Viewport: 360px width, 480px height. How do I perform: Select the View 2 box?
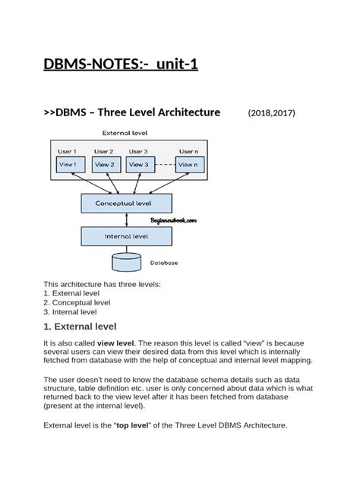click(x=106, y=164)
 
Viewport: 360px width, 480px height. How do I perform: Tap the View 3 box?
click(x=140, y=164)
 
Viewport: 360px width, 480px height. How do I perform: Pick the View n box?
click(x=189, y=164)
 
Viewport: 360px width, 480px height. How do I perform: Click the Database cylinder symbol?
click(x=126, y=263)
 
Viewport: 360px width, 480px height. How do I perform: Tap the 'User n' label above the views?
click(x=189, y=152)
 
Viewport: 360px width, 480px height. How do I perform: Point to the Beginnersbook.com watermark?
click(x=173, y=220)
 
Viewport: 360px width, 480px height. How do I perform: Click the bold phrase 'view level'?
click(x=116, y=343)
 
